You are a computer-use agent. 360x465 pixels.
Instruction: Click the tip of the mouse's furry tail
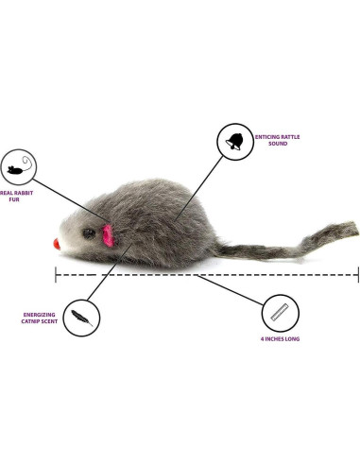coord(351,228)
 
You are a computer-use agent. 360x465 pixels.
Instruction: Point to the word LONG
coord(293,337)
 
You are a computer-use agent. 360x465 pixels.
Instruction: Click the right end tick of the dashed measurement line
coord(357,275)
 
